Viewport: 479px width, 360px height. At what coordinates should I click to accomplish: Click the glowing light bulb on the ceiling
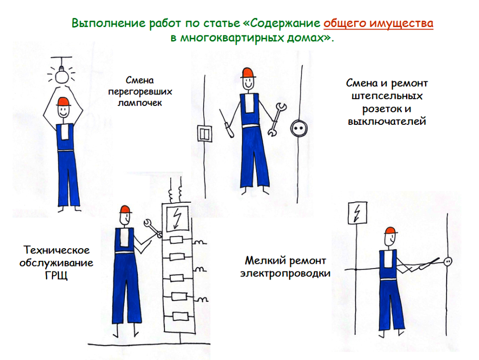pyautogui.click(x=62, y=76)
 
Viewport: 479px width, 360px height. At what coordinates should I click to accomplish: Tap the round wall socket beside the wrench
pyautogui.click(x=298, y=128)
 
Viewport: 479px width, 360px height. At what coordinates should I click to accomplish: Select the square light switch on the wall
pyautogui.click(x=204, y=133)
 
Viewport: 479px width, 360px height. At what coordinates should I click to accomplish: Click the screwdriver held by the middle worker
pyautogui.click(x=226, y=124)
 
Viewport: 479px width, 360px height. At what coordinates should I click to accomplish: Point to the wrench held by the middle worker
pyautogui.click(x=277, y=120)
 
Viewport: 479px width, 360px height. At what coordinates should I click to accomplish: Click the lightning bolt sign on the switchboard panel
pyautogui.click(x=177, y=219)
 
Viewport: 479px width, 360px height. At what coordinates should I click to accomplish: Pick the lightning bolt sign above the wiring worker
pyautogui.click(x=357, y=213)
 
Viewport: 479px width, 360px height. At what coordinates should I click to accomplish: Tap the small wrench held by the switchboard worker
pyautogui.click(x=152, y=228)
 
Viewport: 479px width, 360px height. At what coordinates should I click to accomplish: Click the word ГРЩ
pyautogui.click(x=56, y=276)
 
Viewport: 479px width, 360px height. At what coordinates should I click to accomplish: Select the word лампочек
pyautogui.click(x=140, y=103)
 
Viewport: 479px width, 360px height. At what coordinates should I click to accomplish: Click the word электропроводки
pyautogui.click(x=285, y=273)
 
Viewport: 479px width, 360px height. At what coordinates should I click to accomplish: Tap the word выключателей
pyautogui.click(x=387, y=121)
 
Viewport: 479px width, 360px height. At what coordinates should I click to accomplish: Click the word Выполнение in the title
pyautogui.click(x=108, y=23)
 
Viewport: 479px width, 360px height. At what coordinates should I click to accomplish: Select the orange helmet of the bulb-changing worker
pyautogui.click(x=63, y=102)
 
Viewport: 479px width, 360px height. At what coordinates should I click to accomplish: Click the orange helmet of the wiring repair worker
pyautogui.click(x=390, y=231)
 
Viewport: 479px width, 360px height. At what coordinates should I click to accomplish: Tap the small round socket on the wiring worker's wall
pyautogui.click(x=448, y=261)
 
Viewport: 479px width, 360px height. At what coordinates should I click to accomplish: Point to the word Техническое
pyautogui.click(x=57, y=250)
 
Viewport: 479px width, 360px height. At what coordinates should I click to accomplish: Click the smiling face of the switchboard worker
pyautogui.click(x=124, y=219)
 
